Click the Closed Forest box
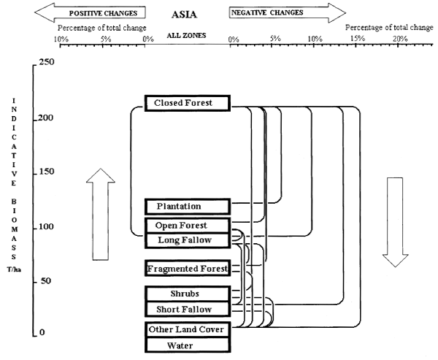pyautogui.click(x=188, y=103)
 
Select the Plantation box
pyautogui.click(x=188, y=206)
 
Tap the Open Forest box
pyautogui.click(x=188, y=225)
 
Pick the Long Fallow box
pyautogui.click(x=188, y=240)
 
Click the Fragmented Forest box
pyautogui.click(x=188, y=268)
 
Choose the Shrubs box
pyautogui.click(x=188, y=294)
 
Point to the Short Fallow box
pyautogui.click(x=188, y=310)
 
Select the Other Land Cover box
pyautogui.click(x=188, y=329)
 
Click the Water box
pyautogui.click(x=188, y=344)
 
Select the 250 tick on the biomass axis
pyautogui.click(x=35, y=64)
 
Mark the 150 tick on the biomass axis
pyautogui.click(x=35, y=172)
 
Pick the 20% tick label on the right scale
pyautogui.click(x=399, y=38)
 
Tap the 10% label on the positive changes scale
pyautogui.click(x=61, y=38)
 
